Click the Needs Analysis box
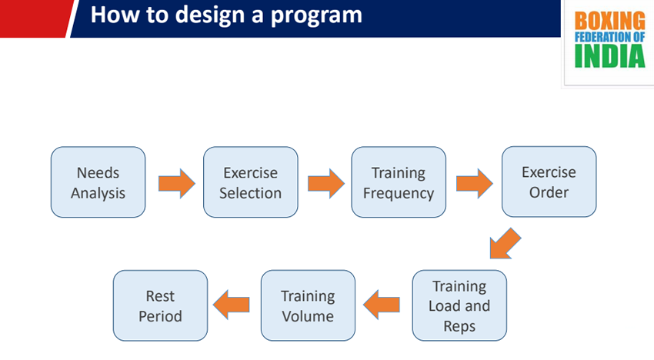click(x=98, y=182)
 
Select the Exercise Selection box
click(x=251, y=182)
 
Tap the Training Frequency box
click(x=399, y=182)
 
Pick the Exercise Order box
click(x=549, y=182)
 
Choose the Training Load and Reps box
click(x=459, y=305)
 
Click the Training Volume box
click(x=309, y=305)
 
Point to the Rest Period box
click(x=160, y=305)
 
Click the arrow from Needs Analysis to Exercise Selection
click(x=177, y=183)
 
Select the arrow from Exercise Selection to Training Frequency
click(x=326, y=183)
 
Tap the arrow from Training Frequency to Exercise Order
click(x=475, y=183)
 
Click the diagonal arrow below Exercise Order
click(x=505, y=244)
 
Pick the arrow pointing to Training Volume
click(x=381, y=305)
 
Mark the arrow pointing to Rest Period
click(x=231, y=305)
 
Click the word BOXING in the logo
click(x=610, y=21)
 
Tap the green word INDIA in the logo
click(x=610, y=56)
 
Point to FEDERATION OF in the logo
click(x=610, y=37)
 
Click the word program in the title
click(x=316, y=16)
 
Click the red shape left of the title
click(x=35, y=18)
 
